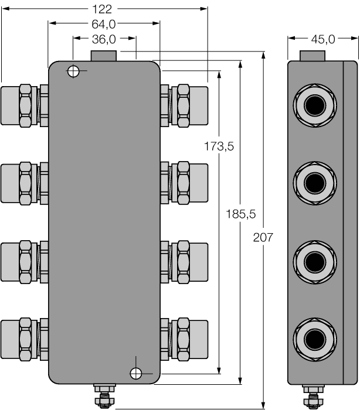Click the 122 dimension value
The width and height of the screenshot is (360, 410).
point(104,8)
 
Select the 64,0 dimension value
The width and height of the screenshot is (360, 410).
point(104,23)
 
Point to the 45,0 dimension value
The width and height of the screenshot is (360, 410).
point(322,39)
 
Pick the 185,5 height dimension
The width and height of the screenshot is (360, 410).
point(240,214)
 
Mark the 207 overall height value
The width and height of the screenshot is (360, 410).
point(263,237)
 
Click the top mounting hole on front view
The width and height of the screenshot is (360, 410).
point(73,71)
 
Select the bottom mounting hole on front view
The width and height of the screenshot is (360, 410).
point(136,373)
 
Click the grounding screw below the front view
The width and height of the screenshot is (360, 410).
point(104,396)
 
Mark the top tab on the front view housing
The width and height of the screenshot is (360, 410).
point(104,56)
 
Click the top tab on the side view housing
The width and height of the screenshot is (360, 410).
point(312,56)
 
